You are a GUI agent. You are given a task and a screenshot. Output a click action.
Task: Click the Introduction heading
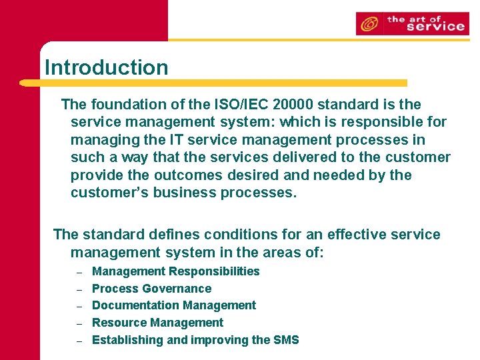click(106, 67)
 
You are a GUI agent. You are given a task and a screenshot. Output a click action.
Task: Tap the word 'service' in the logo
click(435, 27)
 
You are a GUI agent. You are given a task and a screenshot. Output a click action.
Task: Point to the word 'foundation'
click(125, 105)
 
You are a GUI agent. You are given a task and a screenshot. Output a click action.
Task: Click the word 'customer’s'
click(109, 193)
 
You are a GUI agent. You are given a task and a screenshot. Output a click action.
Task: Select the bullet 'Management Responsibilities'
click(175, 271)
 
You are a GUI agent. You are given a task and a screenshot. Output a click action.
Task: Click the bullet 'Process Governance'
click(151, 289)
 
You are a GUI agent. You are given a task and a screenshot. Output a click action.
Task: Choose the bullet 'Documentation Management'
click(173, 305)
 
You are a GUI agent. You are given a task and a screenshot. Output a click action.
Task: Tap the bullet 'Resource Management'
click(157, 323)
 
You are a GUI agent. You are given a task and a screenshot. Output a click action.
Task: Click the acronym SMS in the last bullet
click(286, 340)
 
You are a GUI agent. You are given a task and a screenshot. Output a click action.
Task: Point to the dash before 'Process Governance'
click(79, 289)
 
